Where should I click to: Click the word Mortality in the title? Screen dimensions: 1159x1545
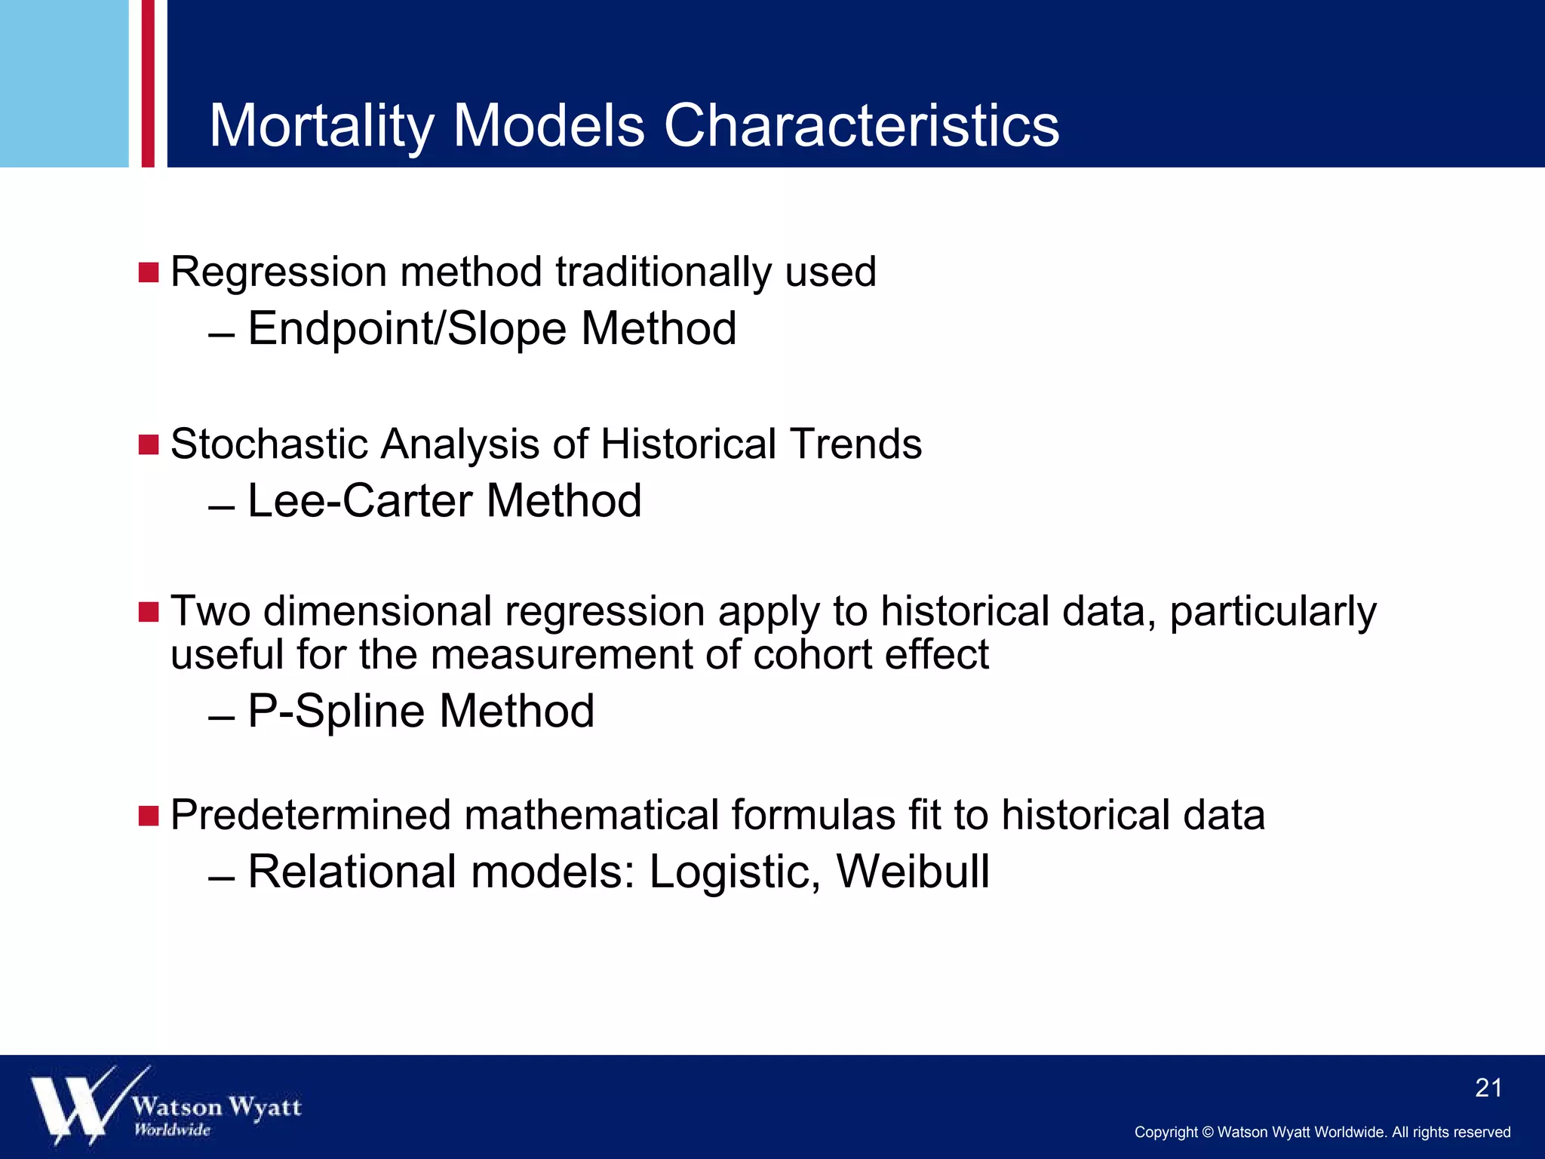(x=321, y=126)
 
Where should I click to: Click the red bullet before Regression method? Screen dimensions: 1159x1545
(x=149, y=272)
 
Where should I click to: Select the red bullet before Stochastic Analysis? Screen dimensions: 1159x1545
(x=149, y=444)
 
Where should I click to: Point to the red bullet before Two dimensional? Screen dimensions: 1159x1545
(x=149, y=612)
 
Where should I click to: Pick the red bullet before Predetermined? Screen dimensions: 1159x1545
(x=149, y=816)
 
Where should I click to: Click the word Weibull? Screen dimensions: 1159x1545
(x=913, y=872)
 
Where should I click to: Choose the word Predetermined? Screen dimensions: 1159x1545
(x=310, y=816)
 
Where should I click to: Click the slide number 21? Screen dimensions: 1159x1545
(x=1488, y=1088)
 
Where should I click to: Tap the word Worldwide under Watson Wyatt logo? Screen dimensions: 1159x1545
(x=172, y=1130)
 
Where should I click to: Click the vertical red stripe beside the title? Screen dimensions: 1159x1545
(x=148, y=83)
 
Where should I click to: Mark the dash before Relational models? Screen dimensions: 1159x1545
(x=222, y=879)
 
